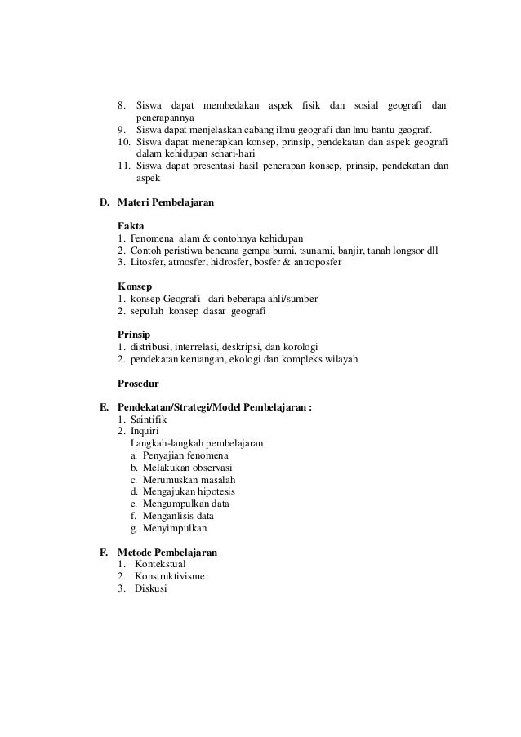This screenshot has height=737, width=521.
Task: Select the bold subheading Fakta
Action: coord(131,224)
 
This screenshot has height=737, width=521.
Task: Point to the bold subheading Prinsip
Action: coord(135,335)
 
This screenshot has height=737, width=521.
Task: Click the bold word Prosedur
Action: coord(138,383)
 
